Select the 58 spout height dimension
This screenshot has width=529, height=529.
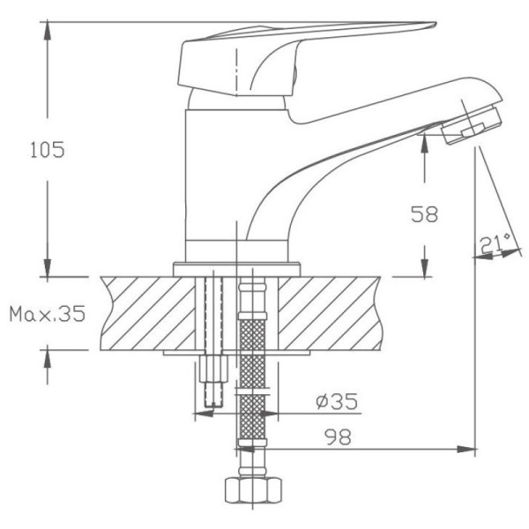click(x=424, y=213)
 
